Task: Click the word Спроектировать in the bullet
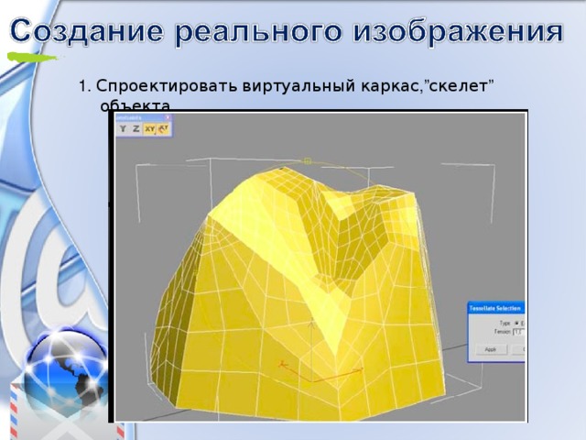tap(168, 87)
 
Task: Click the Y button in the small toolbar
tap(123, 129)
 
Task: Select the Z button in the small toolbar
tap(136, 129)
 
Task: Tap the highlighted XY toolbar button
tap(149, 129)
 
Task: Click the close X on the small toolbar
tap(168, 117)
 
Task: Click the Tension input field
tap(517, 332)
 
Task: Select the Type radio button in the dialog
tap(517, 323)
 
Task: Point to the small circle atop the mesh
tap(308, 161)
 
